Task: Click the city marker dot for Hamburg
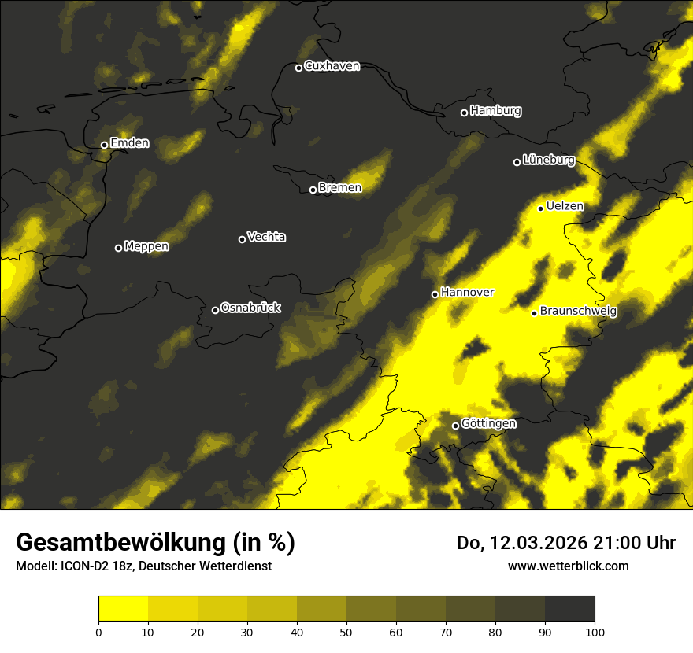[464, 113]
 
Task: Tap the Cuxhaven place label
[332, 66]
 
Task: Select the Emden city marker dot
[104, 145]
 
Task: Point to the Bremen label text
[340, 188]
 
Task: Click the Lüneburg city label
[549, 160]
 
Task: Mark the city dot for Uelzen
[540, 208]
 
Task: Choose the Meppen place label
[146, 247]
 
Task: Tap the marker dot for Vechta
[242, 239]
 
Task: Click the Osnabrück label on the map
[250, 308]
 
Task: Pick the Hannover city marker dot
[435, 294]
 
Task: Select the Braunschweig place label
[579, 312]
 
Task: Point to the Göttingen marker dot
[455, 426]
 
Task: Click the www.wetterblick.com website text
[568, 566]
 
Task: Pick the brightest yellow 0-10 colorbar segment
[123, 609]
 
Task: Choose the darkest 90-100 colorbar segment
[569, 609]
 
